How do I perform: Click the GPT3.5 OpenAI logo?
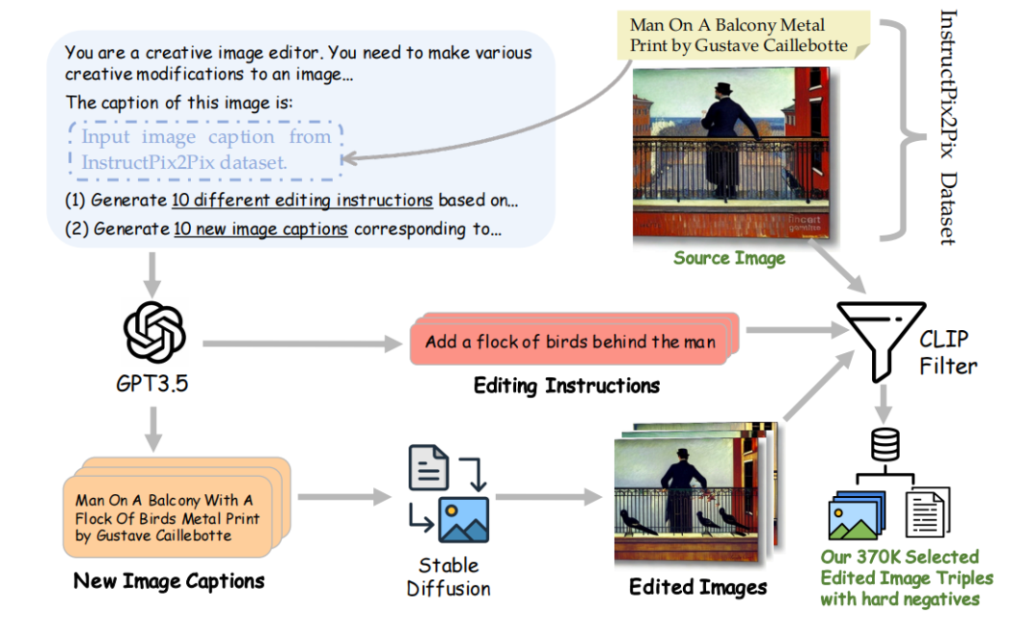click(x=154, y=332)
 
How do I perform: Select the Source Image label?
click(x=729, y=258)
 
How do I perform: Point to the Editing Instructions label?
click(x=566, y=386)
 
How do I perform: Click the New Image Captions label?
click(x=169, y=580)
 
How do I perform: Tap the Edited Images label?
click(x=697, y=586)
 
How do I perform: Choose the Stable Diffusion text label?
click(x=448, y=576)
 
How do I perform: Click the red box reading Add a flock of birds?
click(x=570, y=342)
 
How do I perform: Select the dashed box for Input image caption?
click(x=205, y=150)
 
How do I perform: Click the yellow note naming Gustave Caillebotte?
click(x=739, y=35)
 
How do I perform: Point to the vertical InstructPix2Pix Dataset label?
click(x=948, y=127)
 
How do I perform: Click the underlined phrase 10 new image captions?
click(x=260, y=229)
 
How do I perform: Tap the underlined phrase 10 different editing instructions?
click(x=303, y=201)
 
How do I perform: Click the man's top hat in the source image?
click(x=720, y=90)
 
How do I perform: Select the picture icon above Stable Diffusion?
click(x=461, y=519)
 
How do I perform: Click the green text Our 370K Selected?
click(x=899, y=557)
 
